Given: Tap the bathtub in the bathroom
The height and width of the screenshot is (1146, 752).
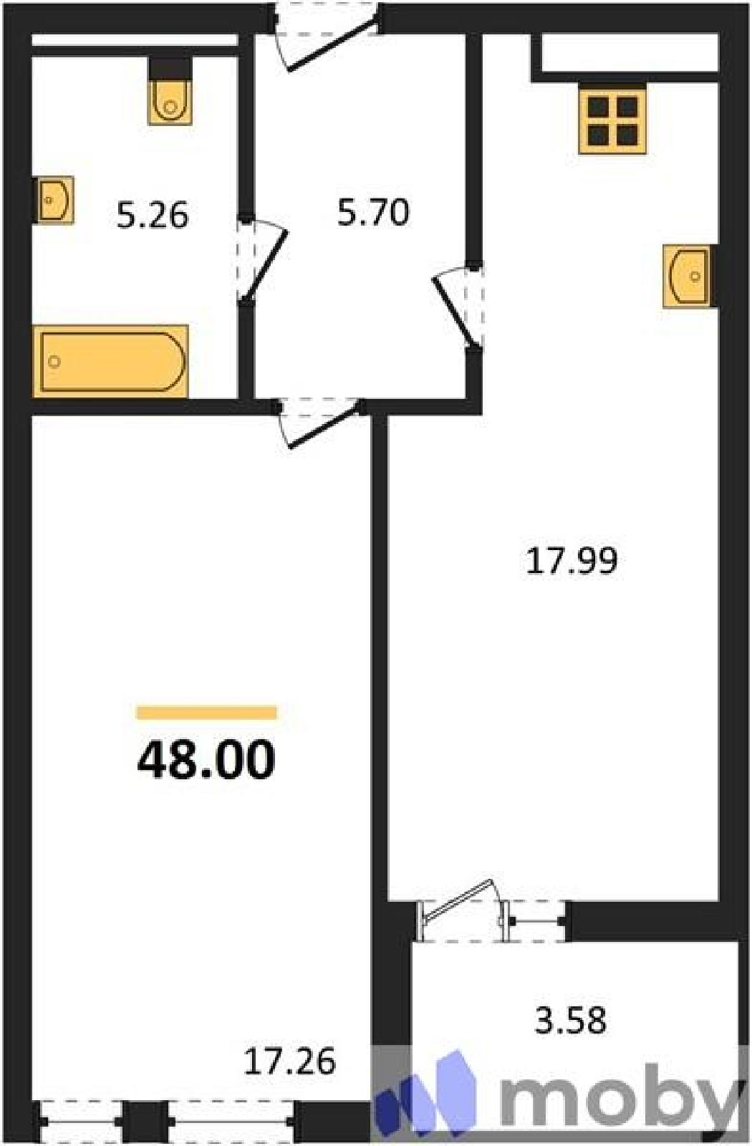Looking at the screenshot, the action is tap(110, 361).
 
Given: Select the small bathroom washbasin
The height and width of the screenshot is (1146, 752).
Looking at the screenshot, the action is tap(55, 199).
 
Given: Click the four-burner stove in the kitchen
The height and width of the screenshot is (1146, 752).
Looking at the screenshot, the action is tap(612, 119).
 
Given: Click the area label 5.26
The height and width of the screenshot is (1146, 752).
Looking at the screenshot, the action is tap(153, 216).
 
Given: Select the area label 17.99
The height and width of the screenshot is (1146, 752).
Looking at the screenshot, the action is tap(572, 561).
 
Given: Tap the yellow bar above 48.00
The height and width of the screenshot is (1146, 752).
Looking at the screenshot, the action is tap(207, 712).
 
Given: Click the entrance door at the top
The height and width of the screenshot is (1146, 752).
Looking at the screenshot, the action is tap(334, 44).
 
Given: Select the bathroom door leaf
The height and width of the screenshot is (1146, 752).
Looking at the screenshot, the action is tap(266, 265).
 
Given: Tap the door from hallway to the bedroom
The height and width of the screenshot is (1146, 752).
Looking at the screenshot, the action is tap(324, 425).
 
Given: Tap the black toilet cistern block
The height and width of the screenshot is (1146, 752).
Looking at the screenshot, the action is tap(170, 68).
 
